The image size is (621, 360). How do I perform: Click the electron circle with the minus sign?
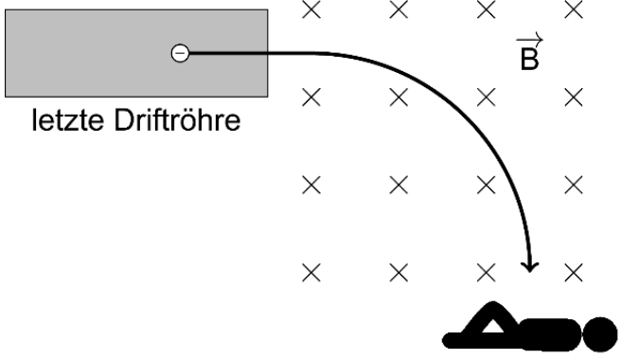[x=179, y=54]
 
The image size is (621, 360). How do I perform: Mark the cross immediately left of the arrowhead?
[x=486, y=273]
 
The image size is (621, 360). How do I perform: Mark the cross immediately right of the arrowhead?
[x=572, y=273]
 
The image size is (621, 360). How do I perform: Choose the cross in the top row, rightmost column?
[x=572, y=9]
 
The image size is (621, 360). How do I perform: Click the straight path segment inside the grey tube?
[x=227, y=54]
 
